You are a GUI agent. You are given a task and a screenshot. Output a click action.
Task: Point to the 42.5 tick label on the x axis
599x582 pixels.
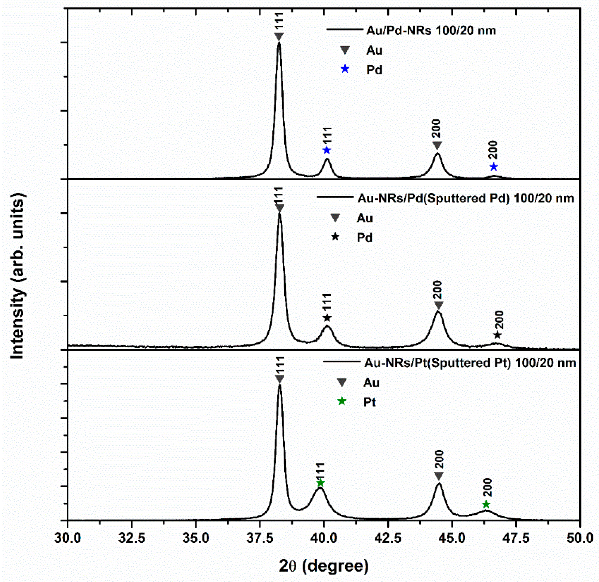[388, 538]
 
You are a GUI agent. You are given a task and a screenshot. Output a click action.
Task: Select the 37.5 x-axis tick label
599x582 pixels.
[260, 538]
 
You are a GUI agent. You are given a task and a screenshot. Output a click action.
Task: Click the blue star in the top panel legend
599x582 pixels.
[345, 69]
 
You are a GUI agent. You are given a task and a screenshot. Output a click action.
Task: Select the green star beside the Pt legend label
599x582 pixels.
[342, 401]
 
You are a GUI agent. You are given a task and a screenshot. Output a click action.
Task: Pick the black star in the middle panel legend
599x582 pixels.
[335, 236]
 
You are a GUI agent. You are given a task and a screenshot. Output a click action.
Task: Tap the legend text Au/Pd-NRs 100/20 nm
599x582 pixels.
[431, 30]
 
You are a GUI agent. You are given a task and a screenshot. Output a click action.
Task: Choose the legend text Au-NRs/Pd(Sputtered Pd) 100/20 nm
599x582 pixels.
[465, 198]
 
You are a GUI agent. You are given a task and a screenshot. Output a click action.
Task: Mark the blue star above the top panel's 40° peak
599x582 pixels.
[327, 150]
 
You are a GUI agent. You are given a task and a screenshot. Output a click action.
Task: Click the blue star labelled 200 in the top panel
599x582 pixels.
[493, 167]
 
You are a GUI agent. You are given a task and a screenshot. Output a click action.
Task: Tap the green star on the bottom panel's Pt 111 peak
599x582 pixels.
[320, 483]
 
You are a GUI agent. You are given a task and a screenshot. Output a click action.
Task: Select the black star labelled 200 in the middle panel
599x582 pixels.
[497, 335]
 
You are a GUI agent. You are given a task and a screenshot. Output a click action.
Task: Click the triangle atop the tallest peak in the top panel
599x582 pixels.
[279, 37]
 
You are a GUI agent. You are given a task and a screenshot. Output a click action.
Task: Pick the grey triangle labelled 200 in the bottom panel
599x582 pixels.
[439, 476]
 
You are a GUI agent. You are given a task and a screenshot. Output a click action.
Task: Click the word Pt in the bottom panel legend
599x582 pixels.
[369, 402]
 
